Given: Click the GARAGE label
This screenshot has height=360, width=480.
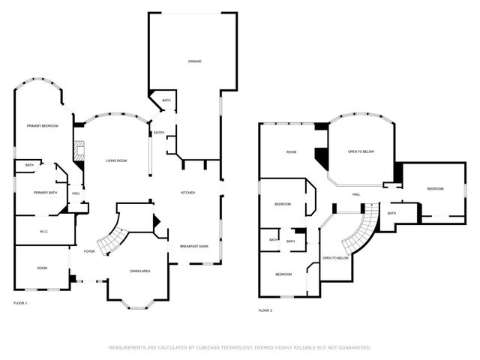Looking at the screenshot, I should point(194,61).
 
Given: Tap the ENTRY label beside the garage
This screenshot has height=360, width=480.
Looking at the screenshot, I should point(159,133).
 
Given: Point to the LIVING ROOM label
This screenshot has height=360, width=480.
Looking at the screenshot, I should point(115,160).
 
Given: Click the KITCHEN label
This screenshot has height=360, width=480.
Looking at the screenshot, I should point(187,193).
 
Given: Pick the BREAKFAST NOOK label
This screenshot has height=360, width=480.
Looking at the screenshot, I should point(193,247).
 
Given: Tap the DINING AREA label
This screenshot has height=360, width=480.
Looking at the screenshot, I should point(140,271).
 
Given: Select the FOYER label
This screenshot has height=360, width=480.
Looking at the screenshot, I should point(89,251).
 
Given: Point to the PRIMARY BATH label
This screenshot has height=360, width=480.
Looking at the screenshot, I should point(45,193).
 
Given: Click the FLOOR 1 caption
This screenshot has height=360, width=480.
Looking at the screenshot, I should point(20,303).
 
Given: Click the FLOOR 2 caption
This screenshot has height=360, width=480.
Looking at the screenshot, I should point(265,310).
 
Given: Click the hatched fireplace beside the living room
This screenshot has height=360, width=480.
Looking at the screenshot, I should point(77,148).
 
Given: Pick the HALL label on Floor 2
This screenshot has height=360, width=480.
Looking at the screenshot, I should point(356,195).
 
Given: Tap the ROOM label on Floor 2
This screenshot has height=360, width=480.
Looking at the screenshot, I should point(292,152).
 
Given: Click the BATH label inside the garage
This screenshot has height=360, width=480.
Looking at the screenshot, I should point(166,100).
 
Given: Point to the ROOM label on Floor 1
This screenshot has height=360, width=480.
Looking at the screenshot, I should point(43,268).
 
